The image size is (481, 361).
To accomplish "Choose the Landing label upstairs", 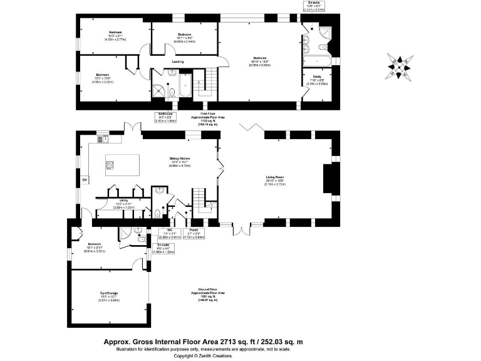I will tap(178, 61).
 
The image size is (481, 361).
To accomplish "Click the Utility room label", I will tap(123, 201).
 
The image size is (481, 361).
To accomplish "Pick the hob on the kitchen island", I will tap(110, 165).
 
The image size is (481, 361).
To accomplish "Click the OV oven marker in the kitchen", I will tap(85, 181).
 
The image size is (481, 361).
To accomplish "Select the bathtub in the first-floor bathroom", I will tap(186, 86).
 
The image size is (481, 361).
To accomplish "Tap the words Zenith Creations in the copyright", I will tap(215, 355).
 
